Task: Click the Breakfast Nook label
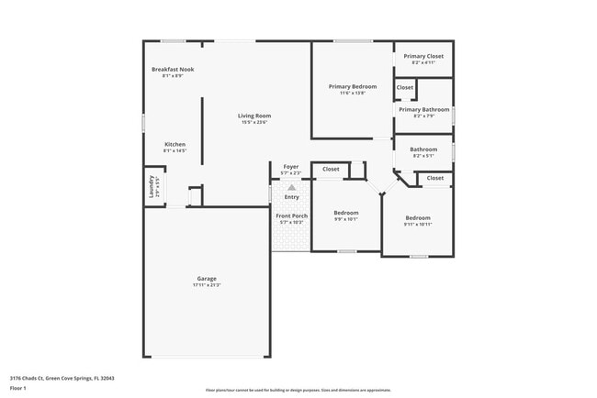[173, 70]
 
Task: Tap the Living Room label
[254, 116]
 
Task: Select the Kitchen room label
[175, 144]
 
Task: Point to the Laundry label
[152, 187]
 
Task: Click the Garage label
[207, 279]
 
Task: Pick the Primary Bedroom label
[353, 86]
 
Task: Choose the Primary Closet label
[423, 56]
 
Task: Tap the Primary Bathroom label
[423, 109]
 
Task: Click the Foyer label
[291, 167]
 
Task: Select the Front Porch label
[293, 216]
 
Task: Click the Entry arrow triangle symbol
[292, 187]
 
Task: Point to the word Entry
[292, 197]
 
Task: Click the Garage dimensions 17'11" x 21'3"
[207, 285]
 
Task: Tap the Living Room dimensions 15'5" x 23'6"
[254, 122]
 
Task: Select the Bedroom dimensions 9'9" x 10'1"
[345, 219]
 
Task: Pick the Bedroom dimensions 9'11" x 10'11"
[418, 224]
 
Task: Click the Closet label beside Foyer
[331, 169]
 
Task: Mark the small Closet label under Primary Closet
[405, 87]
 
